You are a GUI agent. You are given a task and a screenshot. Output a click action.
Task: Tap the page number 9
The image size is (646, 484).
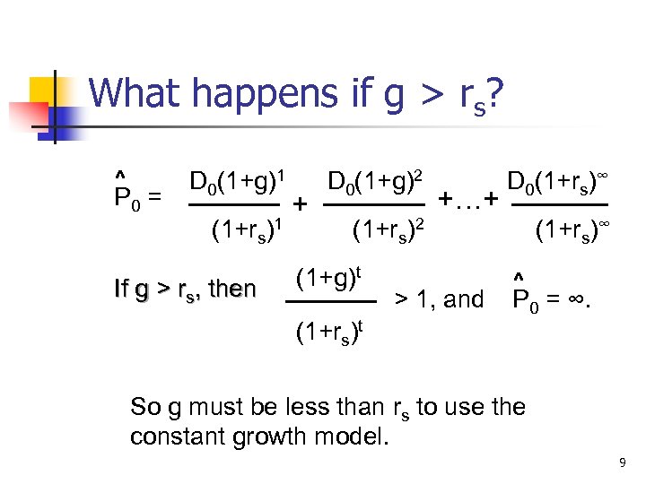(x=621, y=463)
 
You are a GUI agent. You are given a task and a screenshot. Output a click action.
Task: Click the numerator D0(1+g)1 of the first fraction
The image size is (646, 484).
(x=238, y=183)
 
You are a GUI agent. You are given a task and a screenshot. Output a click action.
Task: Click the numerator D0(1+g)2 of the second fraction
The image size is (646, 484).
(x=376, y=183)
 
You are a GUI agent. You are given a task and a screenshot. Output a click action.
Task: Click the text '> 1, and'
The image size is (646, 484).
(x=440, y=299)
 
